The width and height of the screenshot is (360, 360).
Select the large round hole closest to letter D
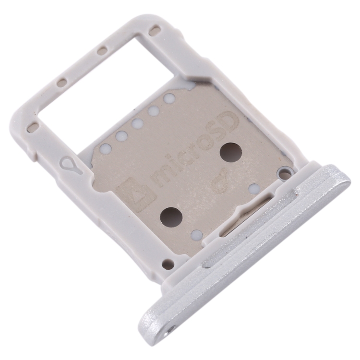point(231,153)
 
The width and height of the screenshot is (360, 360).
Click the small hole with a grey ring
point(284,171)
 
